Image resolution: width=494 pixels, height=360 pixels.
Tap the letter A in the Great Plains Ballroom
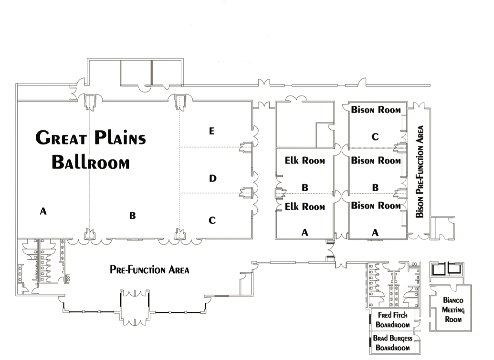(43, 212)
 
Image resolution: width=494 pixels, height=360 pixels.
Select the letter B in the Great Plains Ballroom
(132, 216)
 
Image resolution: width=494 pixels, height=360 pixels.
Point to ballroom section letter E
(212, 131)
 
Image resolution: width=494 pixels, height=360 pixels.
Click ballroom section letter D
(212, 178)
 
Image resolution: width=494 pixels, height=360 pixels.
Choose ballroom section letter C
(212, 220)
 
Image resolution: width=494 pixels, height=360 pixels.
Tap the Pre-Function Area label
(150, 270)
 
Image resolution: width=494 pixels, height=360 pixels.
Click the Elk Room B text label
(305, 161)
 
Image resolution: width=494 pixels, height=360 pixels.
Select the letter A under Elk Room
(305, 232)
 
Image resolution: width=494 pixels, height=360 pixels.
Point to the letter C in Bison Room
(375, 137)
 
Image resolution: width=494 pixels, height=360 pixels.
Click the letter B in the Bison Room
(375, 188)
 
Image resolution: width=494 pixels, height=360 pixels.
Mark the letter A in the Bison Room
(375, 232)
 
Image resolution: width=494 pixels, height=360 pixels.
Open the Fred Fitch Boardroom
(393, 320)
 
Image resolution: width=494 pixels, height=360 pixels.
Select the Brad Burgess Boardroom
(393, 343)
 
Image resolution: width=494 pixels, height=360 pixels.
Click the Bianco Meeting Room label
(452, 310)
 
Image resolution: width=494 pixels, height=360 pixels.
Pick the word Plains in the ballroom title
(120, 138)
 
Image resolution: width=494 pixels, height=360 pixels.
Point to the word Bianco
(452, 301)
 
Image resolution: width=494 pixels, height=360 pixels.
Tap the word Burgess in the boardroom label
(402, 339)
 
